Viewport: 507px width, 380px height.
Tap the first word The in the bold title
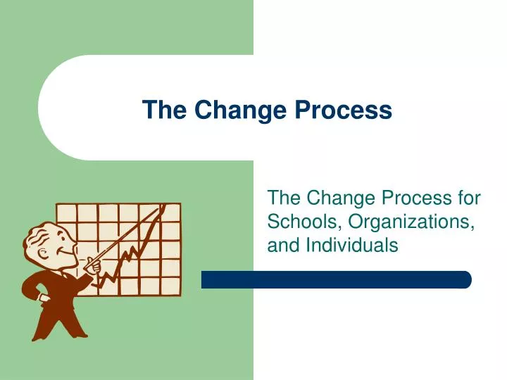pos(165,110)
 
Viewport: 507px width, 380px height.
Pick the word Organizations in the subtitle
pos(410,222)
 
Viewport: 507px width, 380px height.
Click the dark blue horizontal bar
pos(336,279)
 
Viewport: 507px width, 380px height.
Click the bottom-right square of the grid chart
pos(170,286)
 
